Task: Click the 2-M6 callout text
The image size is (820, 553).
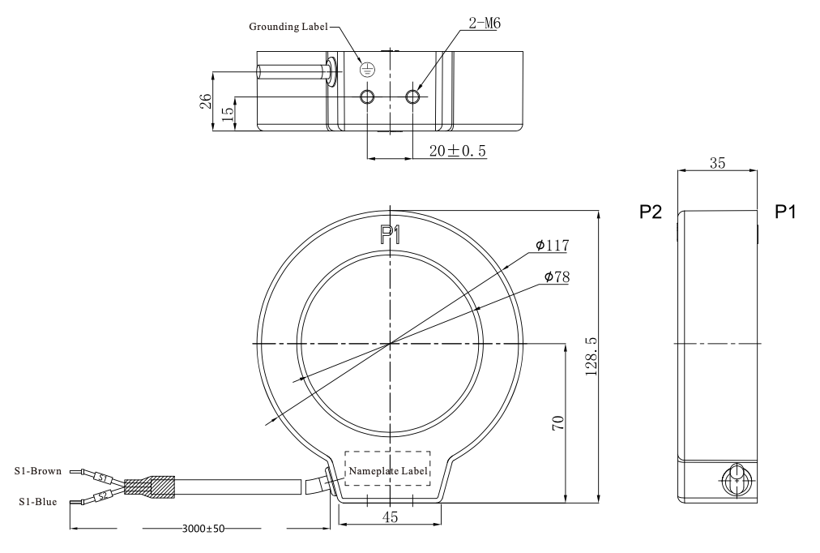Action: click(x=485, y=23)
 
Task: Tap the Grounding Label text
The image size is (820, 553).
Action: click(x=288, y=27)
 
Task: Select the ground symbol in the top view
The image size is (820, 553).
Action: click(x=368, y=69)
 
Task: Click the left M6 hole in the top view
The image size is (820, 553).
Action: click(x=368, y=96)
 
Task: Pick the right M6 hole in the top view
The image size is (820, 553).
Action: click(x=413, y=96)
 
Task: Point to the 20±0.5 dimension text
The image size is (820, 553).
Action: click(x=458, y=151)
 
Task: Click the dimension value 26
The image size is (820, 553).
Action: click(x=206, y=101)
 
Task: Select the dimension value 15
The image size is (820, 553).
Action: click(x=228, y=114)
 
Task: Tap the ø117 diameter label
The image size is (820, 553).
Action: click(x=553, y=245)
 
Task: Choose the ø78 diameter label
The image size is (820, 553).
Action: click(x=557, y=276)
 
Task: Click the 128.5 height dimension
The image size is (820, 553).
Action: click(x=591, y=356)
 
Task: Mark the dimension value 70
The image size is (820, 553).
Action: click(x=558, y=422)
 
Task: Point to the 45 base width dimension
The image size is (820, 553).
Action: click(x=390, y=517)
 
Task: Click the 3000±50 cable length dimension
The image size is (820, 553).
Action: click(x=203, y=529)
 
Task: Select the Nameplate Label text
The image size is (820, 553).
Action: click(x=387, y=471)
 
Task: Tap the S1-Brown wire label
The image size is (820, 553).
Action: click(x=37, y=471)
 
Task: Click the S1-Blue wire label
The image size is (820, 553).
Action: click(x=37, y=502)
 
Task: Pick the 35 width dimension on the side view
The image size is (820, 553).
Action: click(x=718, y=163)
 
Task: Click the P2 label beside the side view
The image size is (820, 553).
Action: click(x=651, y=212)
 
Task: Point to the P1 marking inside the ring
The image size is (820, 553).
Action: click(x=390, y=235)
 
